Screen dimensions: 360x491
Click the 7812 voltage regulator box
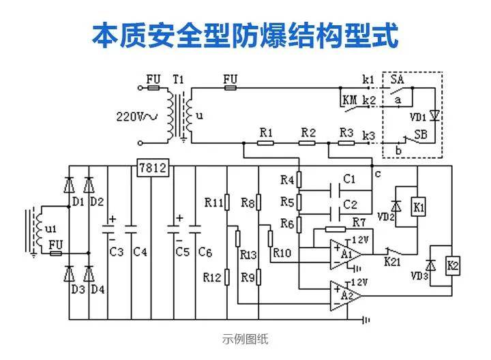click(152, 168)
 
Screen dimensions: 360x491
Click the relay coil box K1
click(419, 206)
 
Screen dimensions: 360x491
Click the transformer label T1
click(179, 80)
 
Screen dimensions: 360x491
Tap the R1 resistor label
click(266, 132)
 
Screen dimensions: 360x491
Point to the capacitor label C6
click(205, 252)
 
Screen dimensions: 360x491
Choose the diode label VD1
click(418, 116)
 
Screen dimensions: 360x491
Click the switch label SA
click(397, 80)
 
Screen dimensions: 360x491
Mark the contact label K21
click(393, 260)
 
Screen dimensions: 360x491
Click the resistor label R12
click(213, 277)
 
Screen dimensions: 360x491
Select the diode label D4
click(98, 289)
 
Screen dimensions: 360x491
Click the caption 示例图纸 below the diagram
click(245, 338)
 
